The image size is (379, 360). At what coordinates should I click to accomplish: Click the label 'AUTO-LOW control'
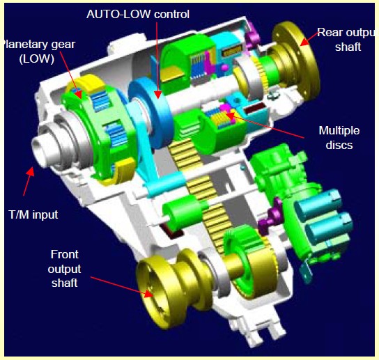click(138, 15)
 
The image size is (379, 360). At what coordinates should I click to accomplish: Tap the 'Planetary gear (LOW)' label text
click(39, 52)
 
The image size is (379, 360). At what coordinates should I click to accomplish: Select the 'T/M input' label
click(33, 214)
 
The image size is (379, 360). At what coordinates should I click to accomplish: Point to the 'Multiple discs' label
click(339, 138)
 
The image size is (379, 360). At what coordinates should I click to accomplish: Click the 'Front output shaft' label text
click(65, 268)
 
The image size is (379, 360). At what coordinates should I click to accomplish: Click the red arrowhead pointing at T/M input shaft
click(30, 172)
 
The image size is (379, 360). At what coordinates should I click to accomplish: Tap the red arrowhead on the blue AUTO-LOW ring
click(158, 95)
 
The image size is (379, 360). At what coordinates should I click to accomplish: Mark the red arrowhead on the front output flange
click(148, 294)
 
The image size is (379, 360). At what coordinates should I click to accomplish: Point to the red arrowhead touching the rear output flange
click(304, 42)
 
